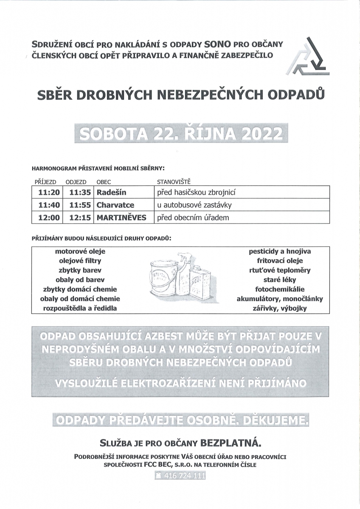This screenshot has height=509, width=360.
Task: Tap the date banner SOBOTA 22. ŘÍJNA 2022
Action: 181,134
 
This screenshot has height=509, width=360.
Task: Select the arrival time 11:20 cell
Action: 48,192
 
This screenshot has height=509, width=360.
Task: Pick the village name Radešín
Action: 112,192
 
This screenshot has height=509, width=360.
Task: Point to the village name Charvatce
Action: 115,205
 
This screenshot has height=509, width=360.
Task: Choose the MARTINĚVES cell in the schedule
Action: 121,218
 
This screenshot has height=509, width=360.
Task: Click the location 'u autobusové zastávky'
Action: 194,205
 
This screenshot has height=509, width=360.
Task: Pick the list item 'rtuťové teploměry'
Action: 280,270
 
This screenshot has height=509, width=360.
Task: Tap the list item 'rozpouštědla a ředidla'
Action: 80,308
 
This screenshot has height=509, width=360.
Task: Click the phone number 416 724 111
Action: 181,476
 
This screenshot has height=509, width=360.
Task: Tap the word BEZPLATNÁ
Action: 231,444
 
